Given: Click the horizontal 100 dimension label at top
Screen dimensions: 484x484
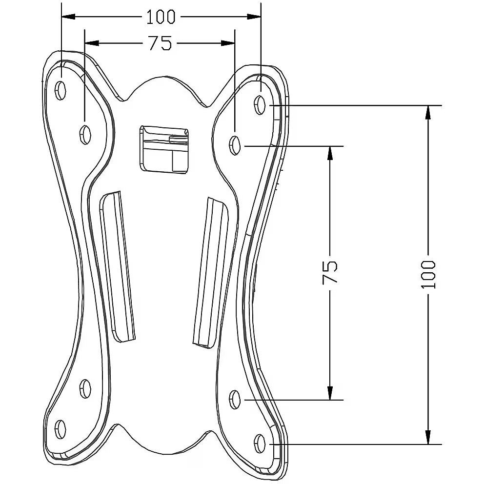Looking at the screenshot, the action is (161, 17).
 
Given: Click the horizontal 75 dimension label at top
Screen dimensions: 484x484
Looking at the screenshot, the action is (160, 43).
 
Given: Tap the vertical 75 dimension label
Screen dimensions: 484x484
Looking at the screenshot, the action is (330, 272).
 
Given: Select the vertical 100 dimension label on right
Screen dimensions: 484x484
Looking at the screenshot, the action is (428, 274).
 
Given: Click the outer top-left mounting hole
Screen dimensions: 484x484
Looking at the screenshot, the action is (60, 90).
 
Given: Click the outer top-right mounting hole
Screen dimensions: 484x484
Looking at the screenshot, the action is (260, 104).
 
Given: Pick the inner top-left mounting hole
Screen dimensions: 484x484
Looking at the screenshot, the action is (85, 134).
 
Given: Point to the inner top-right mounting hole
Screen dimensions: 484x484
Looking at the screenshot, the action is (235, 145).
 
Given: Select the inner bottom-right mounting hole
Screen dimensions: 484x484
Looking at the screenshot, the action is (235, 399).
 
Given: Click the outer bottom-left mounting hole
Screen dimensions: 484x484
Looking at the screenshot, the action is (60, 429).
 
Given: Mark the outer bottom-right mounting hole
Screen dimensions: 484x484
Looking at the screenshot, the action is (260, 444).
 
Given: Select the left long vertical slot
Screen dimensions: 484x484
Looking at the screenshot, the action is (118, 266).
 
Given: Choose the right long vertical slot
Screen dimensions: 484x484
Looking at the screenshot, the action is (210, 273).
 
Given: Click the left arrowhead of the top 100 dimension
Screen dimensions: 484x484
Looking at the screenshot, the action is (68, 17).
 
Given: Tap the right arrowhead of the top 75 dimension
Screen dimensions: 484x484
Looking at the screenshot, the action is (228, 43).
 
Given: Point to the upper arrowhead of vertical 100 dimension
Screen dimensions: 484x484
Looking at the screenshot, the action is (428, 112).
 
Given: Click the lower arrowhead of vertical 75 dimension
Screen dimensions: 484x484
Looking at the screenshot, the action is (330, 393).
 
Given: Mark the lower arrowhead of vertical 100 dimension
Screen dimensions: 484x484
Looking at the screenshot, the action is (428, 437).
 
